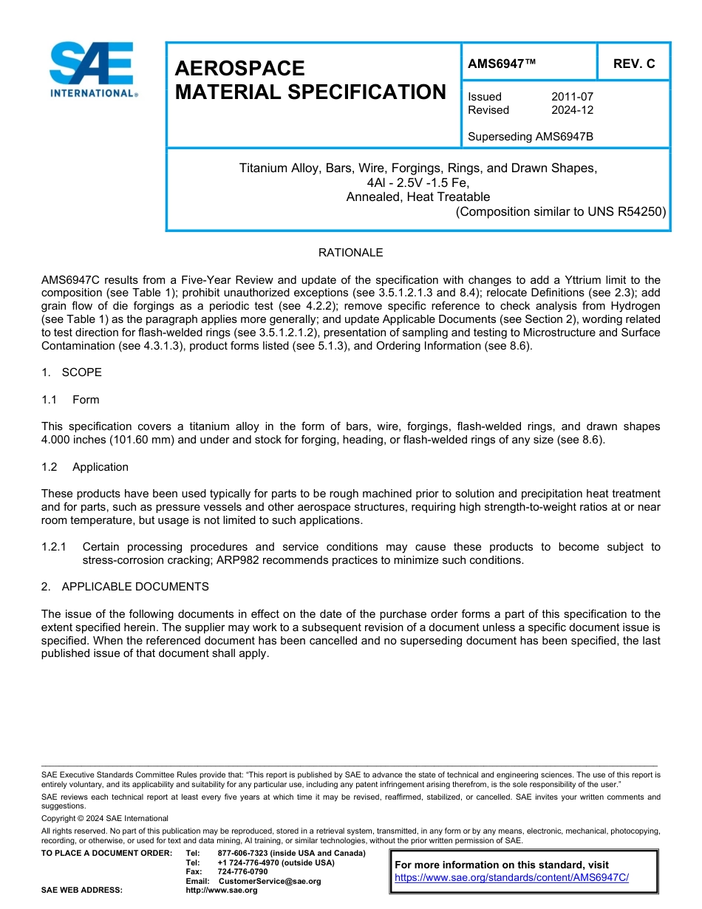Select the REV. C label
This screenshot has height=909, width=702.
click(x=633, y=64)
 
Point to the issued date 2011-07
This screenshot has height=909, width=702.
click(x=572, y=97)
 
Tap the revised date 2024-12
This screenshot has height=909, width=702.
click(x=572, y=110)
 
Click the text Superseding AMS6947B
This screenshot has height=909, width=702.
click(x=531, y=137)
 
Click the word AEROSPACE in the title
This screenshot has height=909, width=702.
click(x=239, y=68)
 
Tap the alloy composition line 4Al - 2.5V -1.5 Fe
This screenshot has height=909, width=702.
click(x=418, y=183)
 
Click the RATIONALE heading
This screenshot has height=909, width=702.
click(x=350, y=253)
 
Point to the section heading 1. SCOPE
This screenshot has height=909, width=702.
click(x=72, y=372)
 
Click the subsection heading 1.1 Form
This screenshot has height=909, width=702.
click(x=71, y=400)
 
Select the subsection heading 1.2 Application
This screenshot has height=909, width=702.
click(x=85, y=467)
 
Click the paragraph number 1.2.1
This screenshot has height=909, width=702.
click(x=54, y=547)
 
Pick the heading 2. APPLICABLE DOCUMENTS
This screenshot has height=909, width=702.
click(x=125, y=587)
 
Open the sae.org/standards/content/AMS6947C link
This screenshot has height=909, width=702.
click(x=511, y=878)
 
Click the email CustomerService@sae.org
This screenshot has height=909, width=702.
click(x=270, y=881)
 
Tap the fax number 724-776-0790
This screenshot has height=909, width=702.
click(x=242, y=871)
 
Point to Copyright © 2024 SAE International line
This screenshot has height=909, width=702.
click(x=105, y=818)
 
